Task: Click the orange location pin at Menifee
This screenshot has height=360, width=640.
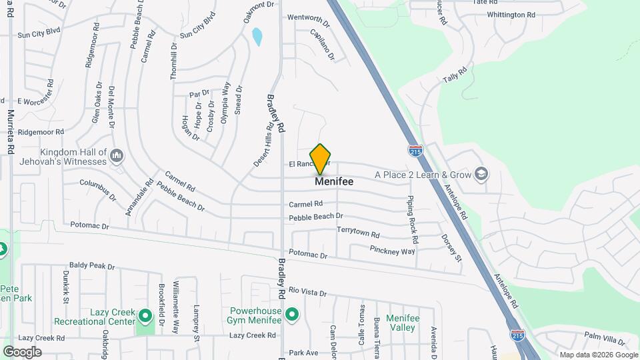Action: [321, 159]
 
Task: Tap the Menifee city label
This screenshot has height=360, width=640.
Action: [334, 181]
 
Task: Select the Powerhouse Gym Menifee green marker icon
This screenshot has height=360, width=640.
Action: [291, 313]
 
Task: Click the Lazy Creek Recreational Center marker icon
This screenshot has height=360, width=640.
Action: [145, 313]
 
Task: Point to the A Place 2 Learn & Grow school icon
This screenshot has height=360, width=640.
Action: [481, 175]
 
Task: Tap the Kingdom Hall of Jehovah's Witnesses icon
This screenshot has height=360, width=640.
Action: [117, 157]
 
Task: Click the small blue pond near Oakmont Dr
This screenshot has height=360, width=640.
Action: [257, 36]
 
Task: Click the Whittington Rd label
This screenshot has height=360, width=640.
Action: [511, 15]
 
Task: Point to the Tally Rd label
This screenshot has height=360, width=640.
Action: [452, 75]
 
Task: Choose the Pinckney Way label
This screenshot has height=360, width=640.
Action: [392, 251]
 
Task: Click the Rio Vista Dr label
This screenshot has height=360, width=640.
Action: [308, 292]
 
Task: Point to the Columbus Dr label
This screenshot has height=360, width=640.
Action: [98, 189]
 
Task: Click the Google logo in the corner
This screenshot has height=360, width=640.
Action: [22, 351]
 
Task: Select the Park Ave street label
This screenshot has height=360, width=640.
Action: [303, 352]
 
